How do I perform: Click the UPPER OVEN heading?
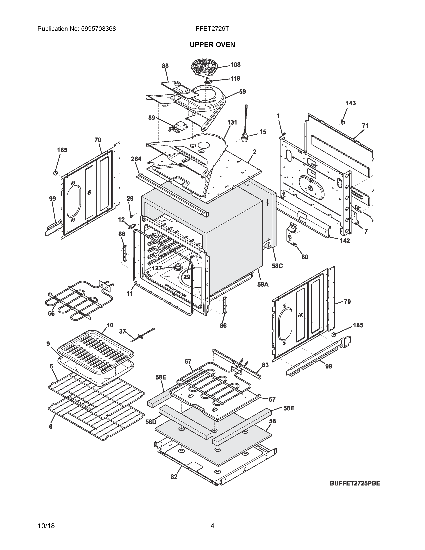click(212, 44)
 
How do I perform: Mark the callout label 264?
click(136, 159)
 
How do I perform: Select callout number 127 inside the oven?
click(157, 268)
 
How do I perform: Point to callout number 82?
click(174, 477)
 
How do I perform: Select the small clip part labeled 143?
click(342, 122)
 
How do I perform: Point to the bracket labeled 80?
click(292, 234)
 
